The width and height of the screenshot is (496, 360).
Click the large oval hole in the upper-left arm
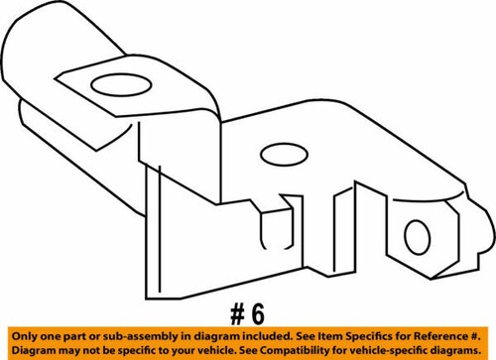[115, 86]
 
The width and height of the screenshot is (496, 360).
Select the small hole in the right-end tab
[414, 236]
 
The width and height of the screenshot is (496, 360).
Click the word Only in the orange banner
[22, 335]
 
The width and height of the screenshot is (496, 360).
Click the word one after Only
[47, 335]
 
